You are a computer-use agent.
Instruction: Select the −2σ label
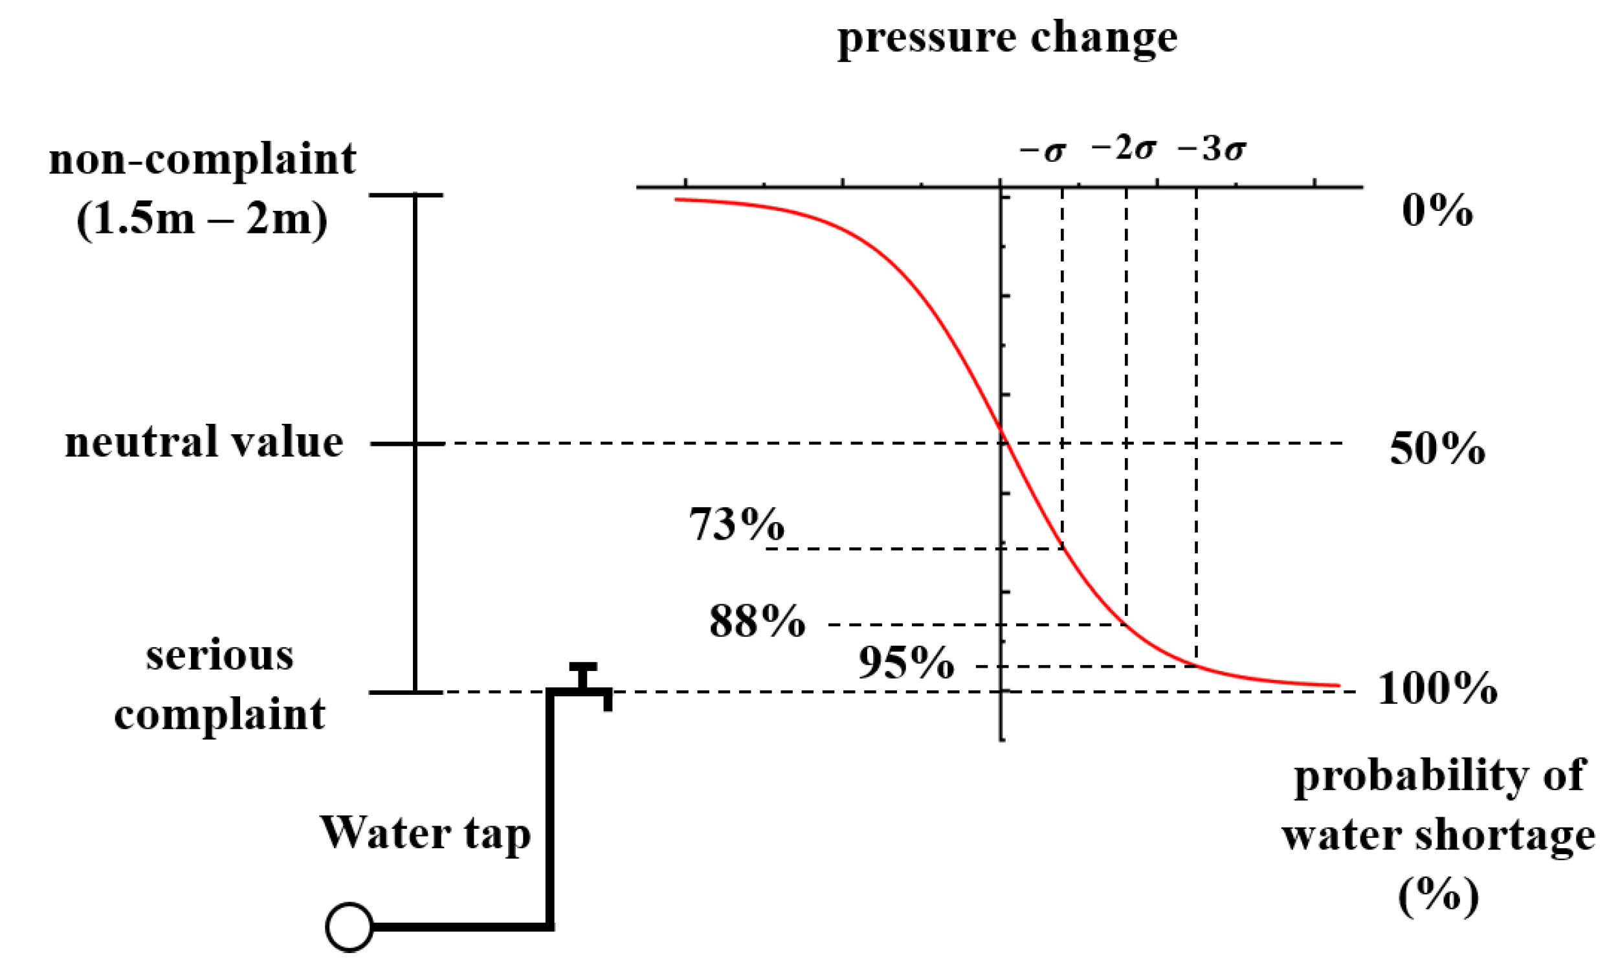[1123, 149]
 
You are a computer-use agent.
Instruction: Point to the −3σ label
[1211, 149]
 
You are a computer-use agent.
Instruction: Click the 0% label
[1437, 211]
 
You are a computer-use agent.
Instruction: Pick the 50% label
[1437, 449]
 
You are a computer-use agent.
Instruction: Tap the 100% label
[1437, 688]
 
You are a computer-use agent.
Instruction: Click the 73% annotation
[737, 524]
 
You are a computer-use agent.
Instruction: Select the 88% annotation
[757, 620]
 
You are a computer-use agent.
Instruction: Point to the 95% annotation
[906, 663]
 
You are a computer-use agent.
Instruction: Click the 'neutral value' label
[204, 443]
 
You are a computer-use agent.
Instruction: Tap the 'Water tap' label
[425, 833]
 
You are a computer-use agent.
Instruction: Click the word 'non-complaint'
[203, 159]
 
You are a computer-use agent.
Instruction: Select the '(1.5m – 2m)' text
[202, 219]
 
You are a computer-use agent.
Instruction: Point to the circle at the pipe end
[349, 927]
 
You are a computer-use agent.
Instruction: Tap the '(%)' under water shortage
[1438, 895]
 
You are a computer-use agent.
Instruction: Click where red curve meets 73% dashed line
[1063, 548]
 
